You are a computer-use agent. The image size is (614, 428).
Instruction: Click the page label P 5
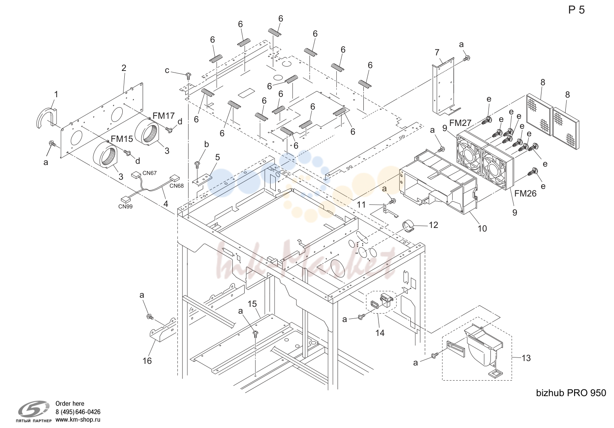click(576, 10)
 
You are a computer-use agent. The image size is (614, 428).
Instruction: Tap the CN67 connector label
click(150, 173)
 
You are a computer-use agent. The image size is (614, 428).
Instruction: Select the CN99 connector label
click(125, 206)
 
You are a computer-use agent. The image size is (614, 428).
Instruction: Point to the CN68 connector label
click(177, 186)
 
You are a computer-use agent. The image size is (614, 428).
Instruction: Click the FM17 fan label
click(164, 116)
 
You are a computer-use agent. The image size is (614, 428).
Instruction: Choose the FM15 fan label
click(122, 139)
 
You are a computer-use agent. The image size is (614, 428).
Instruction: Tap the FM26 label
click(525, 194)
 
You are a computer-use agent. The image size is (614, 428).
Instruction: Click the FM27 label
click(460, 123)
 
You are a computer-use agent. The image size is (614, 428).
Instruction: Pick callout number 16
click(147, 361)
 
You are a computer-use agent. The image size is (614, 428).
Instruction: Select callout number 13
click(526, 358)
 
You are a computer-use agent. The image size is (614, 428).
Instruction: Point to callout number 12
click(434, 225)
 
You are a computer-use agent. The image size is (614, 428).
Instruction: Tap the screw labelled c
click(188, 75)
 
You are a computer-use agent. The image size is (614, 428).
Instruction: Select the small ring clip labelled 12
click(408, 226)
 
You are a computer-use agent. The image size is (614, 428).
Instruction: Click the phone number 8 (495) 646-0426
click(78, 412)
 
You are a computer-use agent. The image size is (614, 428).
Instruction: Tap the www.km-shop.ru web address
click(78, 420)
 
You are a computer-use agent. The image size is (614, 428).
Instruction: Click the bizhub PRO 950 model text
click(571, 393)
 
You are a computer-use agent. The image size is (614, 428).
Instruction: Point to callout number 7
click(437, 52)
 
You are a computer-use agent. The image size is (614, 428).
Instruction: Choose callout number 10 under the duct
click(482, 228)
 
